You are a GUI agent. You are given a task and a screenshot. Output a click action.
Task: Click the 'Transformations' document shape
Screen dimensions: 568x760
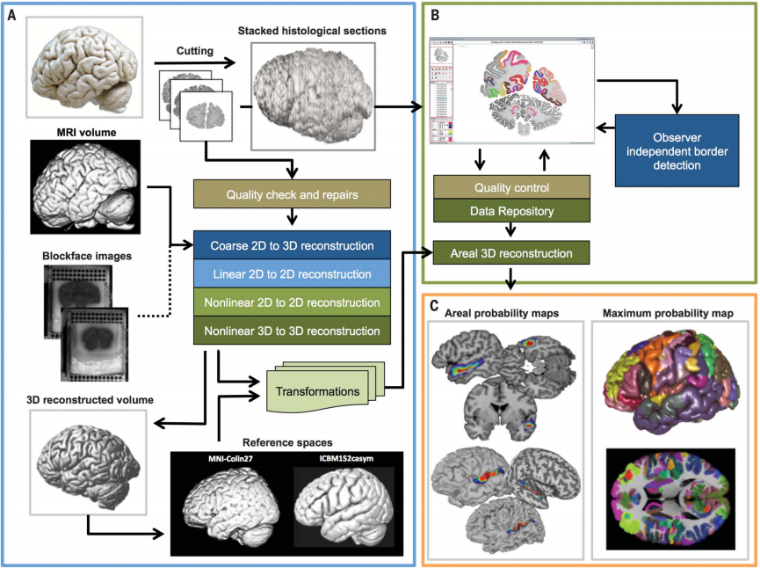[x=318, y=390]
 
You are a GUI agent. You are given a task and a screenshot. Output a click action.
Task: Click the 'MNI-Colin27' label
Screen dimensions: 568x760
[x=225, y=460]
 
